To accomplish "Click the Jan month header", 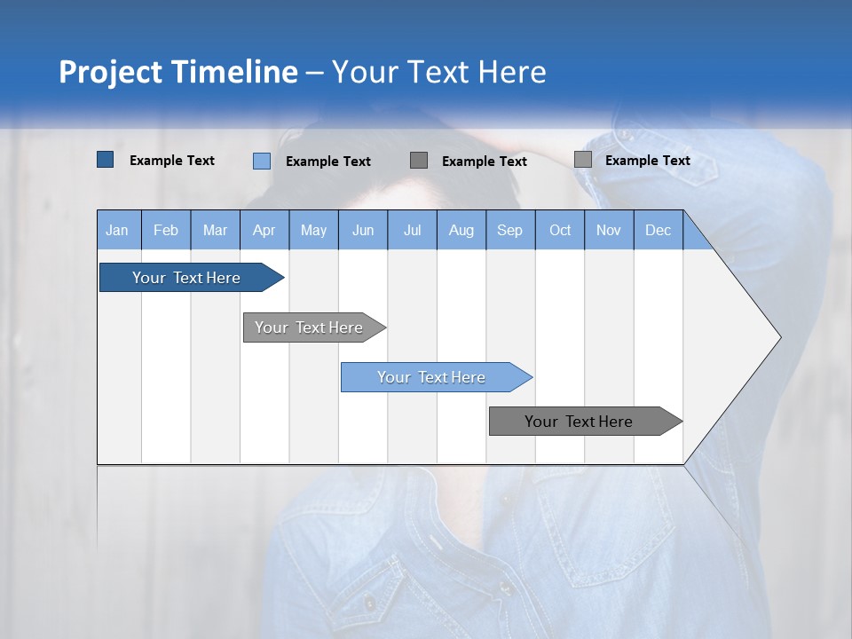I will tap(118, 231).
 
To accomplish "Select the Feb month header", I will tap(166, 231).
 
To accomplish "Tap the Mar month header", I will tap(215, 231).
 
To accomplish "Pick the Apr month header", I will tap(264, 231).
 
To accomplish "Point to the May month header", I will tap(313, 231).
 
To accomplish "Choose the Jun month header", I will tap(363, 231).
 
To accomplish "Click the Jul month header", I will tap(412, 231).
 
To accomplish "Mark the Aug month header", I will tap(461, 231).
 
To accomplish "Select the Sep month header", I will tap(510, 231).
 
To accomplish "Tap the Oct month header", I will tap(560, 231).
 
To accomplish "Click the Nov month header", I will tap(609, 231).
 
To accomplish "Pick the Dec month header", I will tap(659, 231).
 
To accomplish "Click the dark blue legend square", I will tap(106, 160).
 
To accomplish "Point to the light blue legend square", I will tap(262, 161).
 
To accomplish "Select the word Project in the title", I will tap(111, 72).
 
